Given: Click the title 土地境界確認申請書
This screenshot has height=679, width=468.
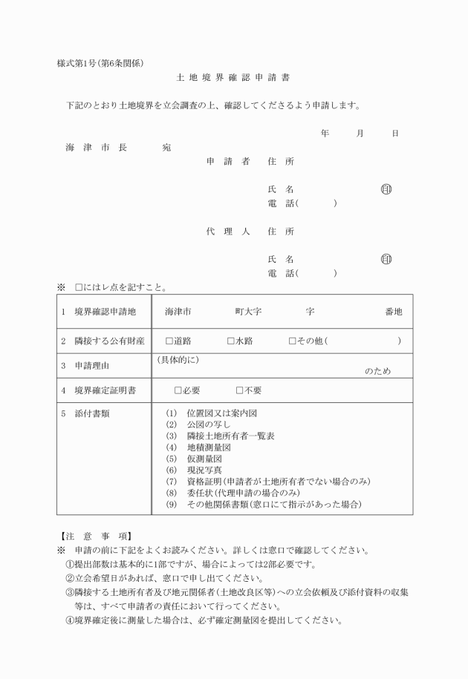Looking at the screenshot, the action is click(233, 77).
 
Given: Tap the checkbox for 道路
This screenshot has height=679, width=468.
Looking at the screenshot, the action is click(169, 341).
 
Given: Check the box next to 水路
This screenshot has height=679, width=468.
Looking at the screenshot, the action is click(231, 341).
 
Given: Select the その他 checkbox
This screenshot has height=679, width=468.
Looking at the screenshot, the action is click(293, 341).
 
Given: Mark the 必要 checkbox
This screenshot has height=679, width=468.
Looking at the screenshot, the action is click(178, 390).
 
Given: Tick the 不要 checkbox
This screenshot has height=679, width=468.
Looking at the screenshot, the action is click(240, 390).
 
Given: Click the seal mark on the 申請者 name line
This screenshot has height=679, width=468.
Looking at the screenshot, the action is click(386, 189).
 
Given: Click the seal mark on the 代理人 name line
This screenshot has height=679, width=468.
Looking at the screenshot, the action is click(386, 260).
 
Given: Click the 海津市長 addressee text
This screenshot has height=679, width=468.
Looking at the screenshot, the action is click(96, 148).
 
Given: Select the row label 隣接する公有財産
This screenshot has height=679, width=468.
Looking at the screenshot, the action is click(109, 341).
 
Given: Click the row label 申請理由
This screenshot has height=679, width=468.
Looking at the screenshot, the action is click(96, 366).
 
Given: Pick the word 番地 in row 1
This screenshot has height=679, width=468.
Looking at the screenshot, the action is click(394, 312).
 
